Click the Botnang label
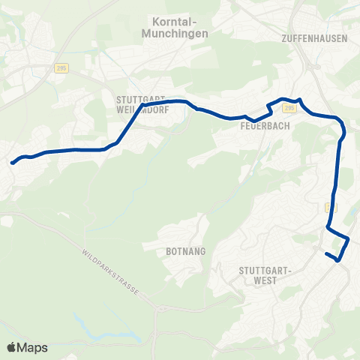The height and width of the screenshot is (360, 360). coord(180,253)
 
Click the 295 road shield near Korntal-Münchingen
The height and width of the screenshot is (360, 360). coord(61,67)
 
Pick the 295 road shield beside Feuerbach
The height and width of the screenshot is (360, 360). coord(290,109)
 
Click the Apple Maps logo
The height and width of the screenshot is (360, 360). coord(27,347)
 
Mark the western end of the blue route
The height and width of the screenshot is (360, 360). coord(12,161)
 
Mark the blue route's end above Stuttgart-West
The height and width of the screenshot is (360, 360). coord(326,254)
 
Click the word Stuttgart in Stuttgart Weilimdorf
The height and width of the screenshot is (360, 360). coord(139,98)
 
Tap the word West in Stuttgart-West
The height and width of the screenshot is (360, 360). coord(265,280)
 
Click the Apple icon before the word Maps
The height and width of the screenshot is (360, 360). coord(12,347)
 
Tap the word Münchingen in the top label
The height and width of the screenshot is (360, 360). coord(173,34)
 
